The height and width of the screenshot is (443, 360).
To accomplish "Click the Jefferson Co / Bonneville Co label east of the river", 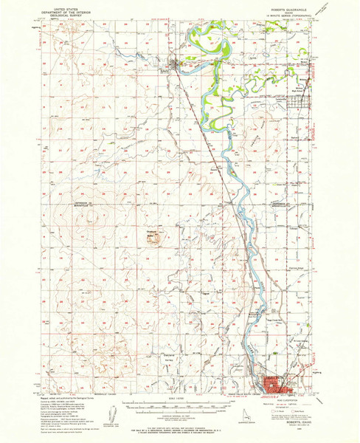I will (282, 203).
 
